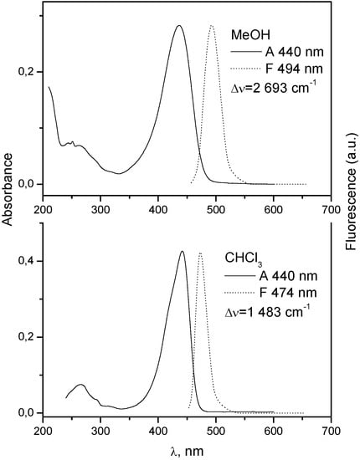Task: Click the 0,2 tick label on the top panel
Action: point(28,72)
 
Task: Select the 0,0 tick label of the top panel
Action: point(28,183)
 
